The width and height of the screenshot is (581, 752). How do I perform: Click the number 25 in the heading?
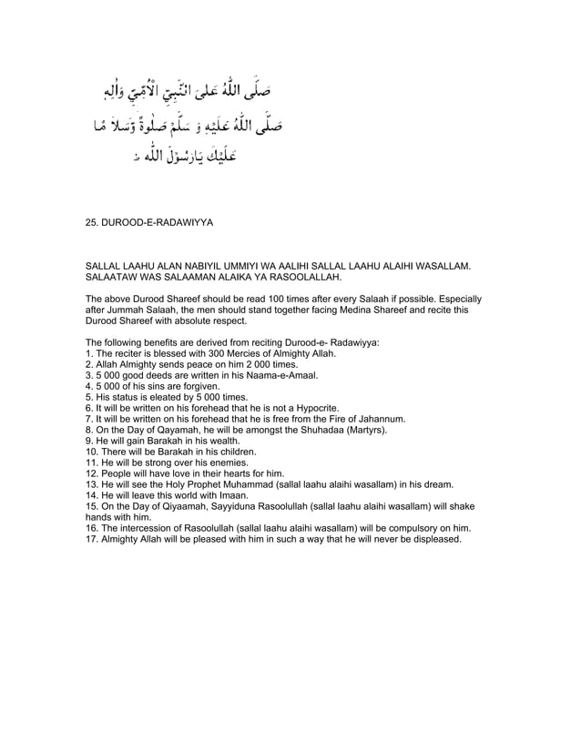90,220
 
